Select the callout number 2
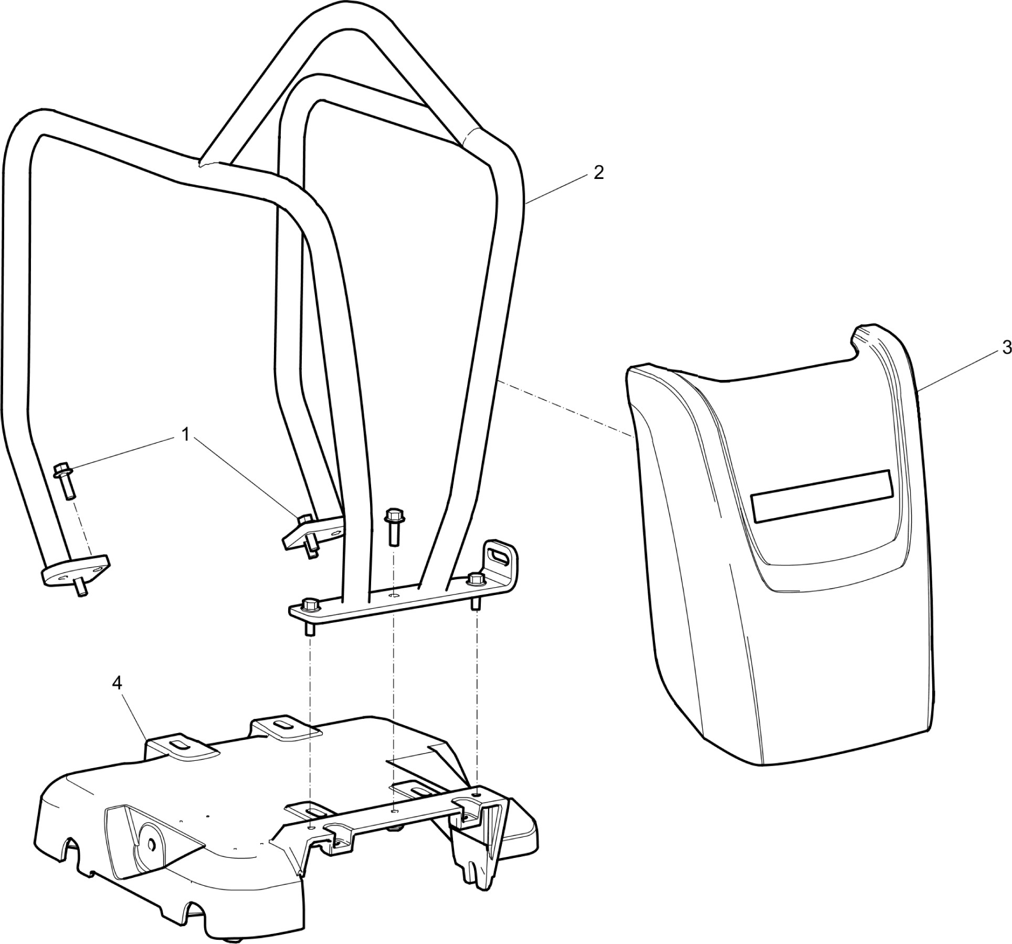pyautogui.click(x=598, y=173)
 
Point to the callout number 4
pyautogui.click(x=117, y=683)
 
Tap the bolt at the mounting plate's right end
pyautogui.click(x=476, y=590)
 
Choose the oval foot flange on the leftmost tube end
pyautogui.click(x=76, y=570)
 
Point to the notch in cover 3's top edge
pyautogui.click(x=855, y=347)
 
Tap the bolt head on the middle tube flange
pyautogui.click(x=304, y=518)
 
